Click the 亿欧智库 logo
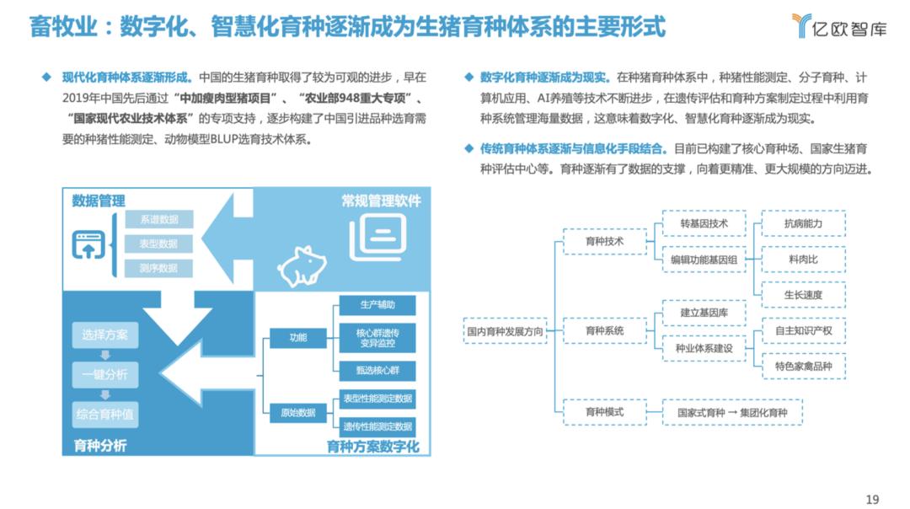click(x=839, y=26)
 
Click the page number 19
click(x=872, y=499)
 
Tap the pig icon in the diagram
click(x=302, y=265)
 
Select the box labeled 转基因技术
click(x=704, y=223)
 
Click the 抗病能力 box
click(x=803, y=223)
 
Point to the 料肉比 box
click(x=803, y=260)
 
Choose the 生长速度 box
click(x=803, y=295)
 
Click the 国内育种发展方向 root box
click(x=505, y=331)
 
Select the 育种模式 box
click(x=605, y=412)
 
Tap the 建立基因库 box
click(x=704, y=313)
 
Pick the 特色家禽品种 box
click(x=803, y=367)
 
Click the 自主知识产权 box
click(x=803, y=331)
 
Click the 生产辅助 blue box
click(x=377, y=305)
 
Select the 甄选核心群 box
click(x=377, y=370)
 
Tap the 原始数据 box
click(x=297, y=413)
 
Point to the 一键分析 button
click(x=105, y=374)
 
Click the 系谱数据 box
click(x=159, y=219)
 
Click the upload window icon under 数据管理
click(x=88, y=244)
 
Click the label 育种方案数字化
click(x=372, y=447)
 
